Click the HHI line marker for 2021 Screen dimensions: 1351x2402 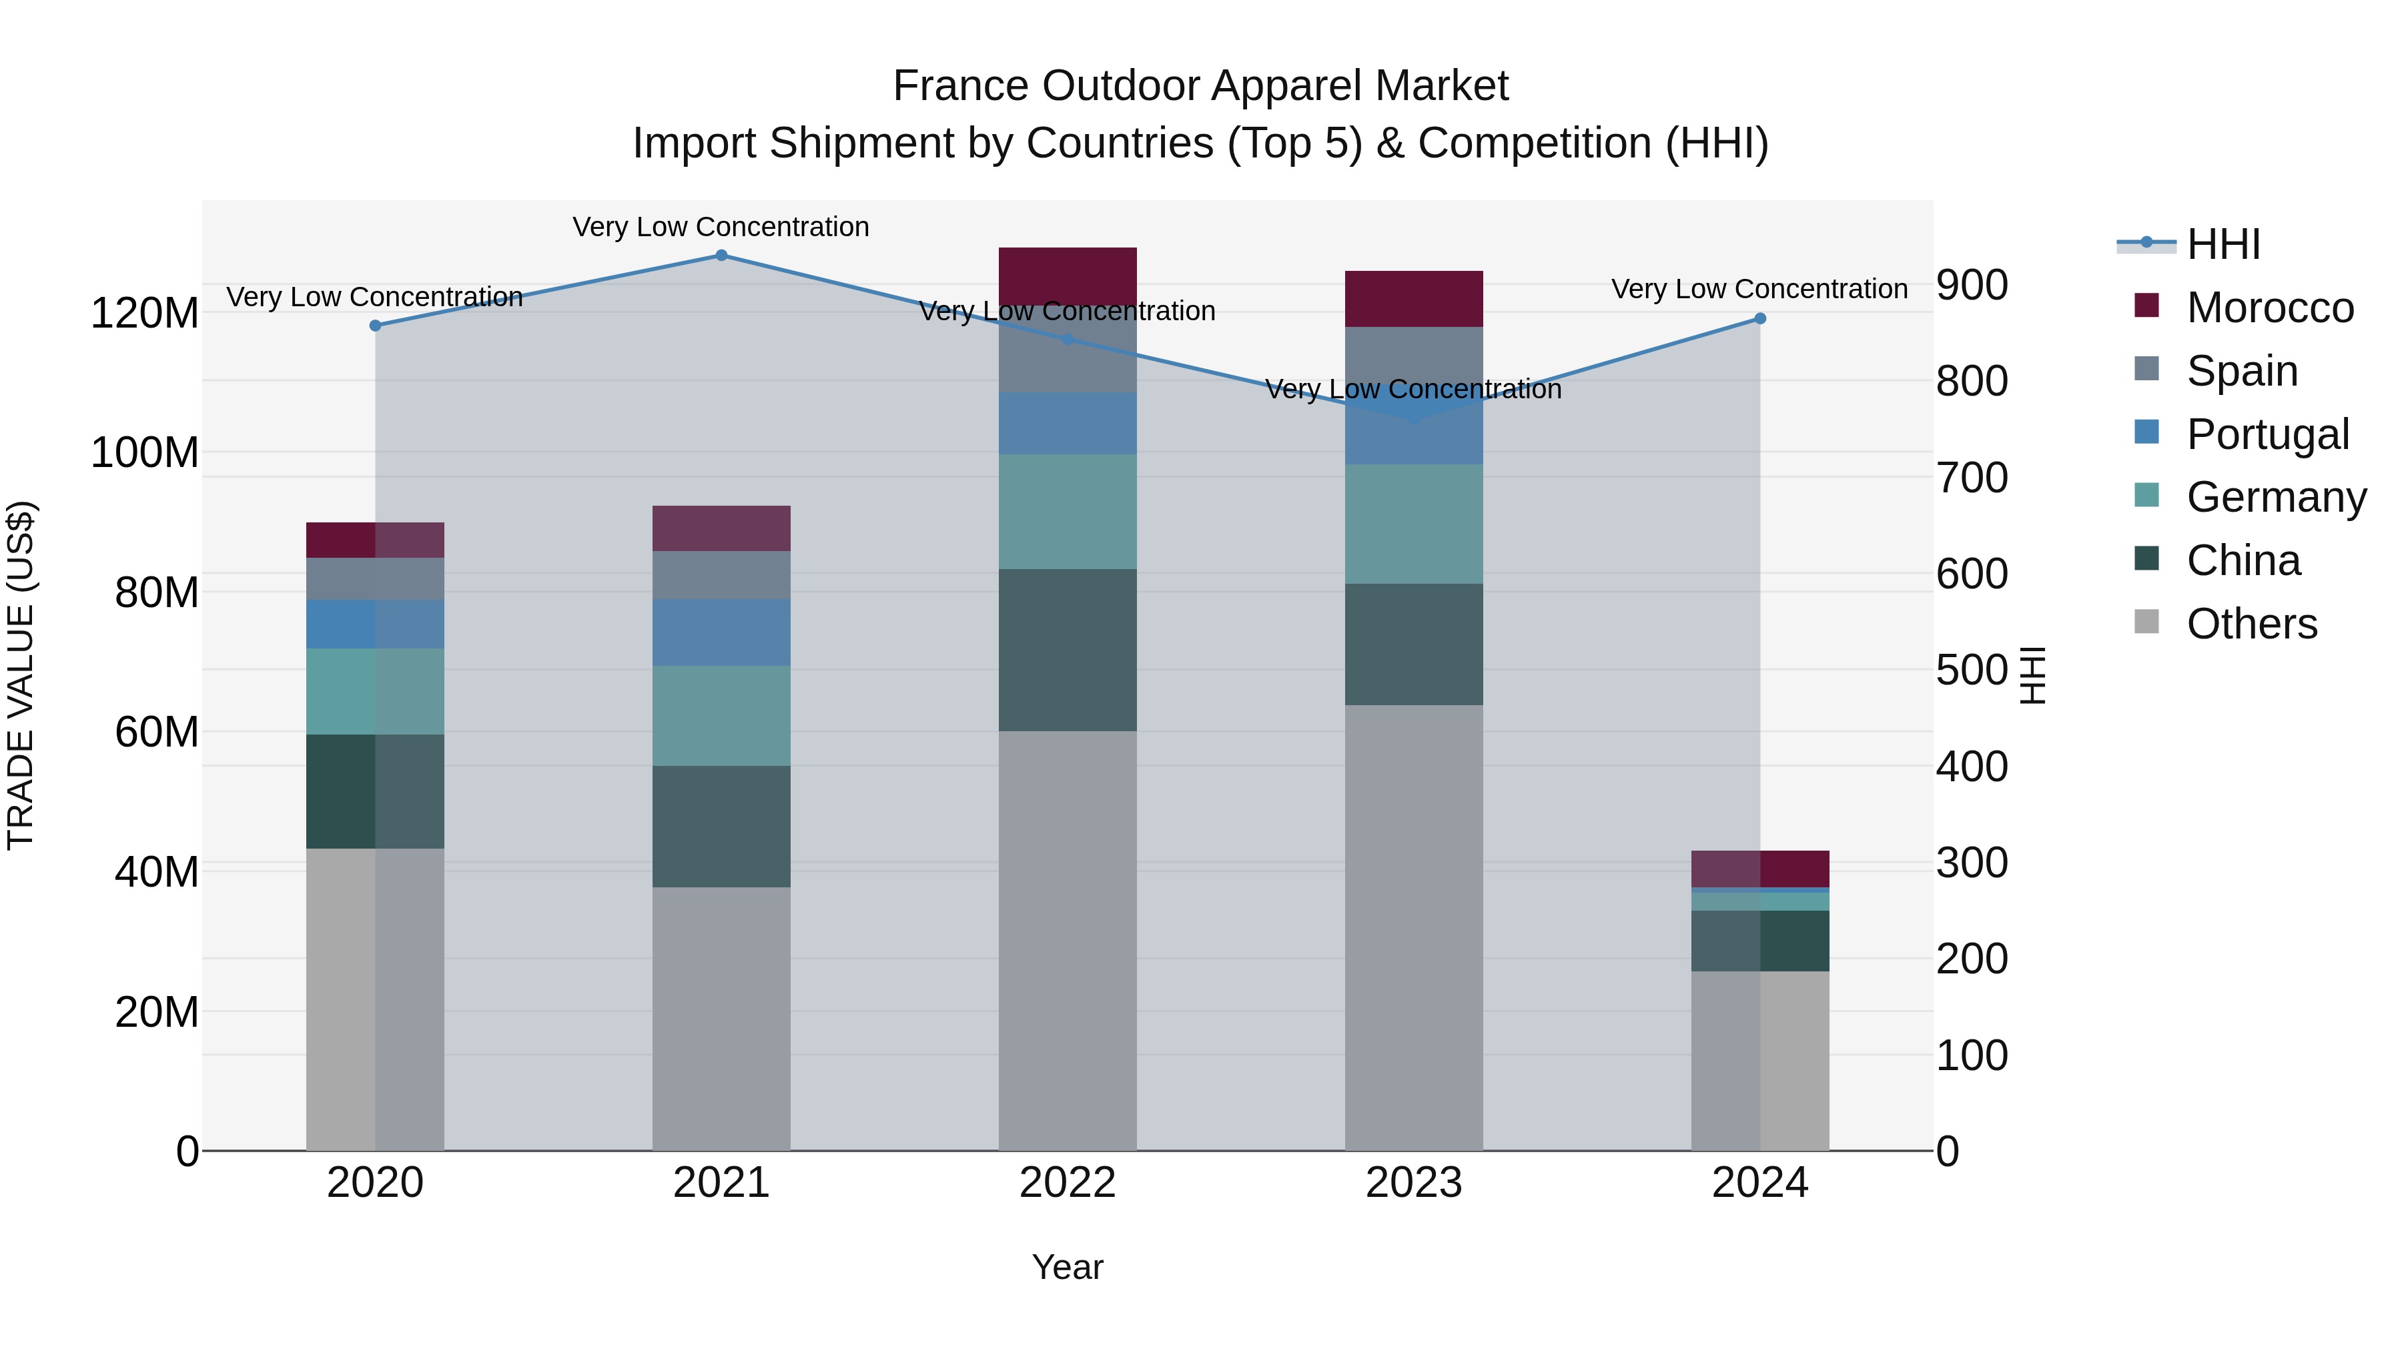(x=721, y=256)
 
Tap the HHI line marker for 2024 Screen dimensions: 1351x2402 (x=1759, y=319)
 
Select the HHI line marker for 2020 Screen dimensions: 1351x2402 (x=375, y=326)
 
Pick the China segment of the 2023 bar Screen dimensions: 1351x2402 (x=1414, y=644)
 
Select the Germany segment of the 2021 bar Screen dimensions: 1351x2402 (x=721, y=715)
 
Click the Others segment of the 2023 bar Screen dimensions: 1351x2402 (x=1414, y=928)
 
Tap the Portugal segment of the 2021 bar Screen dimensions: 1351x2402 (x=721, y=632)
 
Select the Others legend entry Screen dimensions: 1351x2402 (x=2251, y=624)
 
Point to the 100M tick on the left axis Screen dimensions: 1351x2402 (x=145, y=453)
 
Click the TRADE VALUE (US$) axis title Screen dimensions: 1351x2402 (x=21, y=675)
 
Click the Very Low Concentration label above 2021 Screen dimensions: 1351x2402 (x=721, y=227)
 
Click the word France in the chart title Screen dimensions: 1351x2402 (x=961, y=86)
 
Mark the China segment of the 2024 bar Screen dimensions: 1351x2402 (x=1759, y=941)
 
